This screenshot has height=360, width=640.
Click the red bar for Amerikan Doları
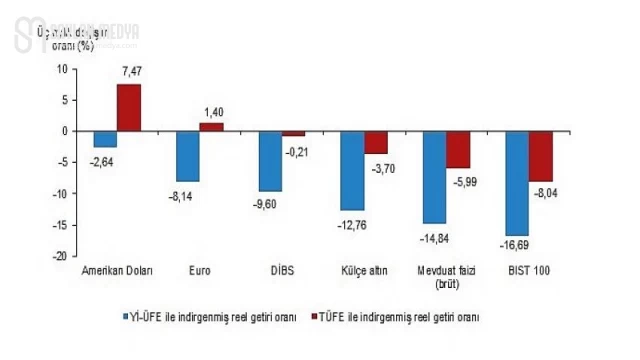click(129, 107)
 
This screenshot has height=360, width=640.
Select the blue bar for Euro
click(188, 156)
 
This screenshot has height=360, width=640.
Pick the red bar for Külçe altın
click(376, 142)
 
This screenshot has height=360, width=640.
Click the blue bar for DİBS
click(271, 161)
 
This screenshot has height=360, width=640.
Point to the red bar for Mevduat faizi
click(458, 149)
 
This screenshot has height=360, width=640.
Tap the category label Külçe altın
click(363, 270)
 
